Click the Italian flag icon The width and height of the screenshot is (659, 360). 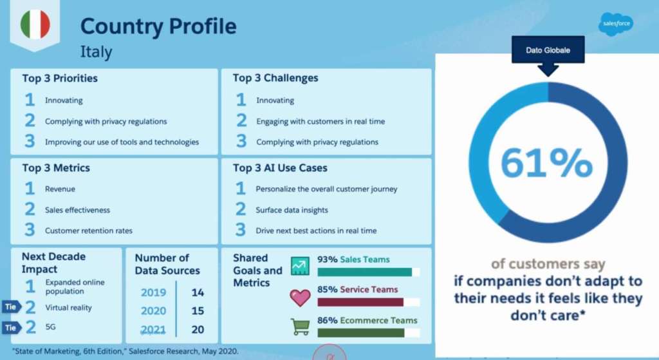[35, 24]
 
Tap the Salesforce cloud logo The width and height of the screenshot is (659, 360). [616, 24]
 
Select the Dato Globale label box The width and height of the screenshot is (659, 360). [548, 50]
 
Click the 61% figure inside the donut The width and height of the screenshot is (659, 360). [546, 162]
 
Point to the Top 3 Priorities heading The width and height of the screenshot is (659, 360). [60, 78]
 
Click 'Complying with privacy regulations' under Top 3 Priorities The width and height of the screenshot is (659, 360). [106, 122]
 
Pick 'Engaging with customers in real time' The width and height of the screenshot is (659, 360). [320, 122]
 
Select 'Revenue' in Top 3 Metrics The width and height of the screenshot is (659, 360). [60, 189]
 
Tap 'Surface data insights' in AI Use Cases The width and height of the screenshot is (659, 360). [292, 210]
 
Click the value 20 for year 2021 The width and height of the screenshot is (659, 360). [198, 330]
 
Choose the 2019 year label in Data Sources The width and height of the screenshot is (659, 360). [153, 292]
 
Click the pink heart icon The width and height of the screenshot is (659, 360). [300, 298]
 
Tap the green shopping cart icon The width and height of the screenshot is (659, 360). [300, 327]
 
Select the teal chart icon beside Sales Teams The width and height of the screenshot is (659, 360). [300, 266]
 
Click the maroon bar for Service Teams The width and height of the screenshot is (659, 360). [360, 302]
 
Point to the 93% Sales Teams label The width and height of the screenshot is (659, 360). [353, 260]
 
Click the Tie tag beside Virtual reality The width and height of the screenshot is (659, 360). [12, 307]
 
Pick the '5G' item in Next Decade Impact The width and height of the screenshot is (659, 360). [50, 327]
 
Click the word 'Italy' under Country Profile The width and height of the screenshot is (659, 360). [97, 52]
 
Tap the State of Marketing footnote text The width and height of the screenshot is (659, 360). [125, 351]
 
